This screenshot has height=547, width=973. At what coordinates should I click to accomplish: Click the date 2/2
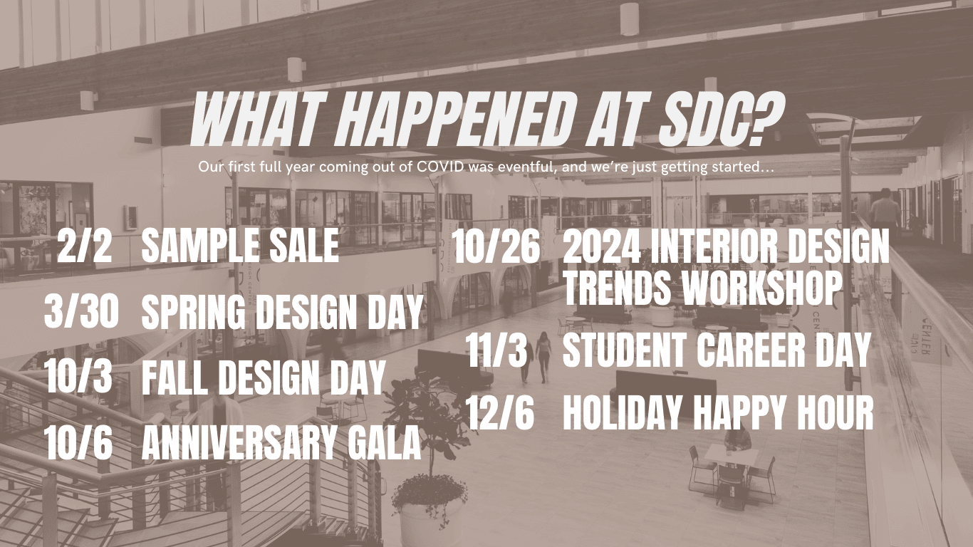point(84,246)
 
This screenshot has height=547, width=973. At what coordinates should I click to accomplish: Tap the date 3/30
point(81,311)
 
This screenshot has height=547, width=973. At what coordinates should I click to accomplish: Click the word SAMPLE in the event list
point(201,246)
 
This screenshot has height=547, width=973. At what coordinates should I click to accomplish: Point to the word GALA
point(383,443)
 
